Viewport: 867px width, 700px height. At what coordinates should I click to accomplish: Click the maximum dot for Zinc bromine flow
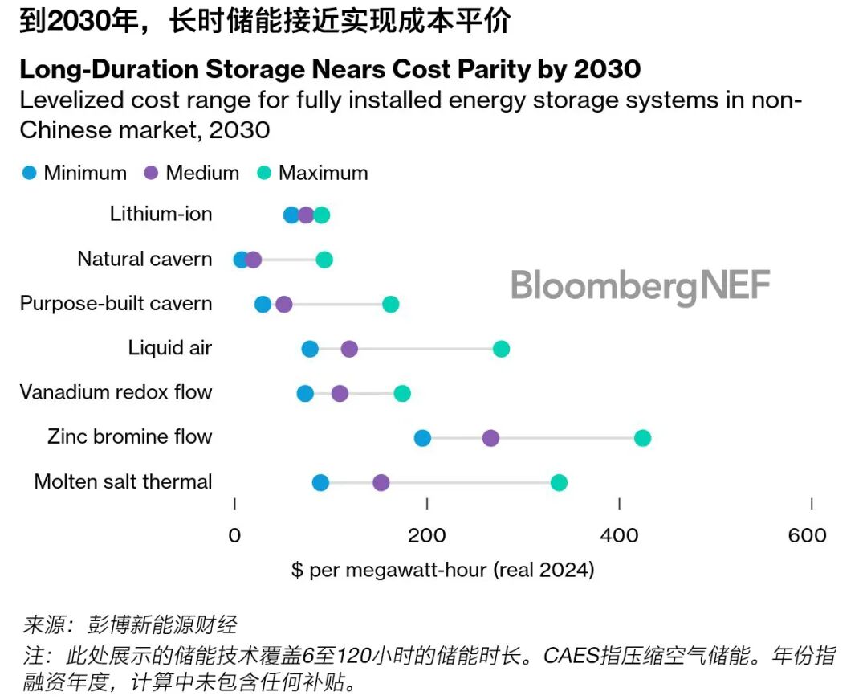click(642, 438)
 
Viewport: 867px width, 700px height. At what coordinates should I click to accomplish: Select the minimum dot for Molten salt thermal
click(320, 482)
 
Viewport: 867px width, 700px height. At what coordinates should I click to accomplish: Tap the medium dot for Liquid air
click(349, 349)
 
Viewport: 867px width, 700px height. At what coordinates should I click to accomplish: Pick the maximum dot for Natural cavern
click(324, 260)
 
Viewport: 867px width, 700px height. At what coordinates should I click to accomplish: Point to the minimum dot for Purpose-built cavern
click(263, 305)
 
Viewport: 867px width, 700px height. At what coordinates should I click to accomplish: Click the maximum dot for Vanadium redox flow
click(402, 393)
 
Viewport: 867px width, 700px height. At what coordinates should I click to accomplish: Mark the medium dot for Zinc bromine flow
click(490, 438)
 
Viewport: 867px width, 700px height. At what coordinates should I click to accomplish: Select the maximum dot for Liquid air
click(501, 349)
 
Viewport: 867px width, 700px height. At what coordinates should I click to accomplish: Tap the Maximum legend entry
click(312, 173)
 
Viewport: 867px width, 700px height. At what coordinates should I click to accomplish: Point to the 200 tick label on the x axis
click(426, 536)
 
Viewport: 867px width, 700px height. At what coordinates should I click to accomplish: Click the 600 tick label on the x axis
click(807, 536)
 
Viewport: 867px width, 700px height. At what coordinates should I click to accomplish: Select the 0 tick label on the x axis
click(234, 536)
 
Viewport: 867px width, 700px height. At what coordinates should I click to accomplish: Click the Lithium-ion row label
click(161, 214)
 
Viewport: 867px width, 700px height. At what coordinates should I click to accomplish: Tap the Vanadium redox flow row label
click(116, 392)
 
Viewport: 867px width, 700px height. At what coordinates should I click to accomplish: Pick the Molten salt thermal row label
click(123, 481)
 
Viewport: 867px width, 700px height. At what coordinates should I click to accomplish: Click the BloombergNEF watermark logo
click(641, 286)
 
